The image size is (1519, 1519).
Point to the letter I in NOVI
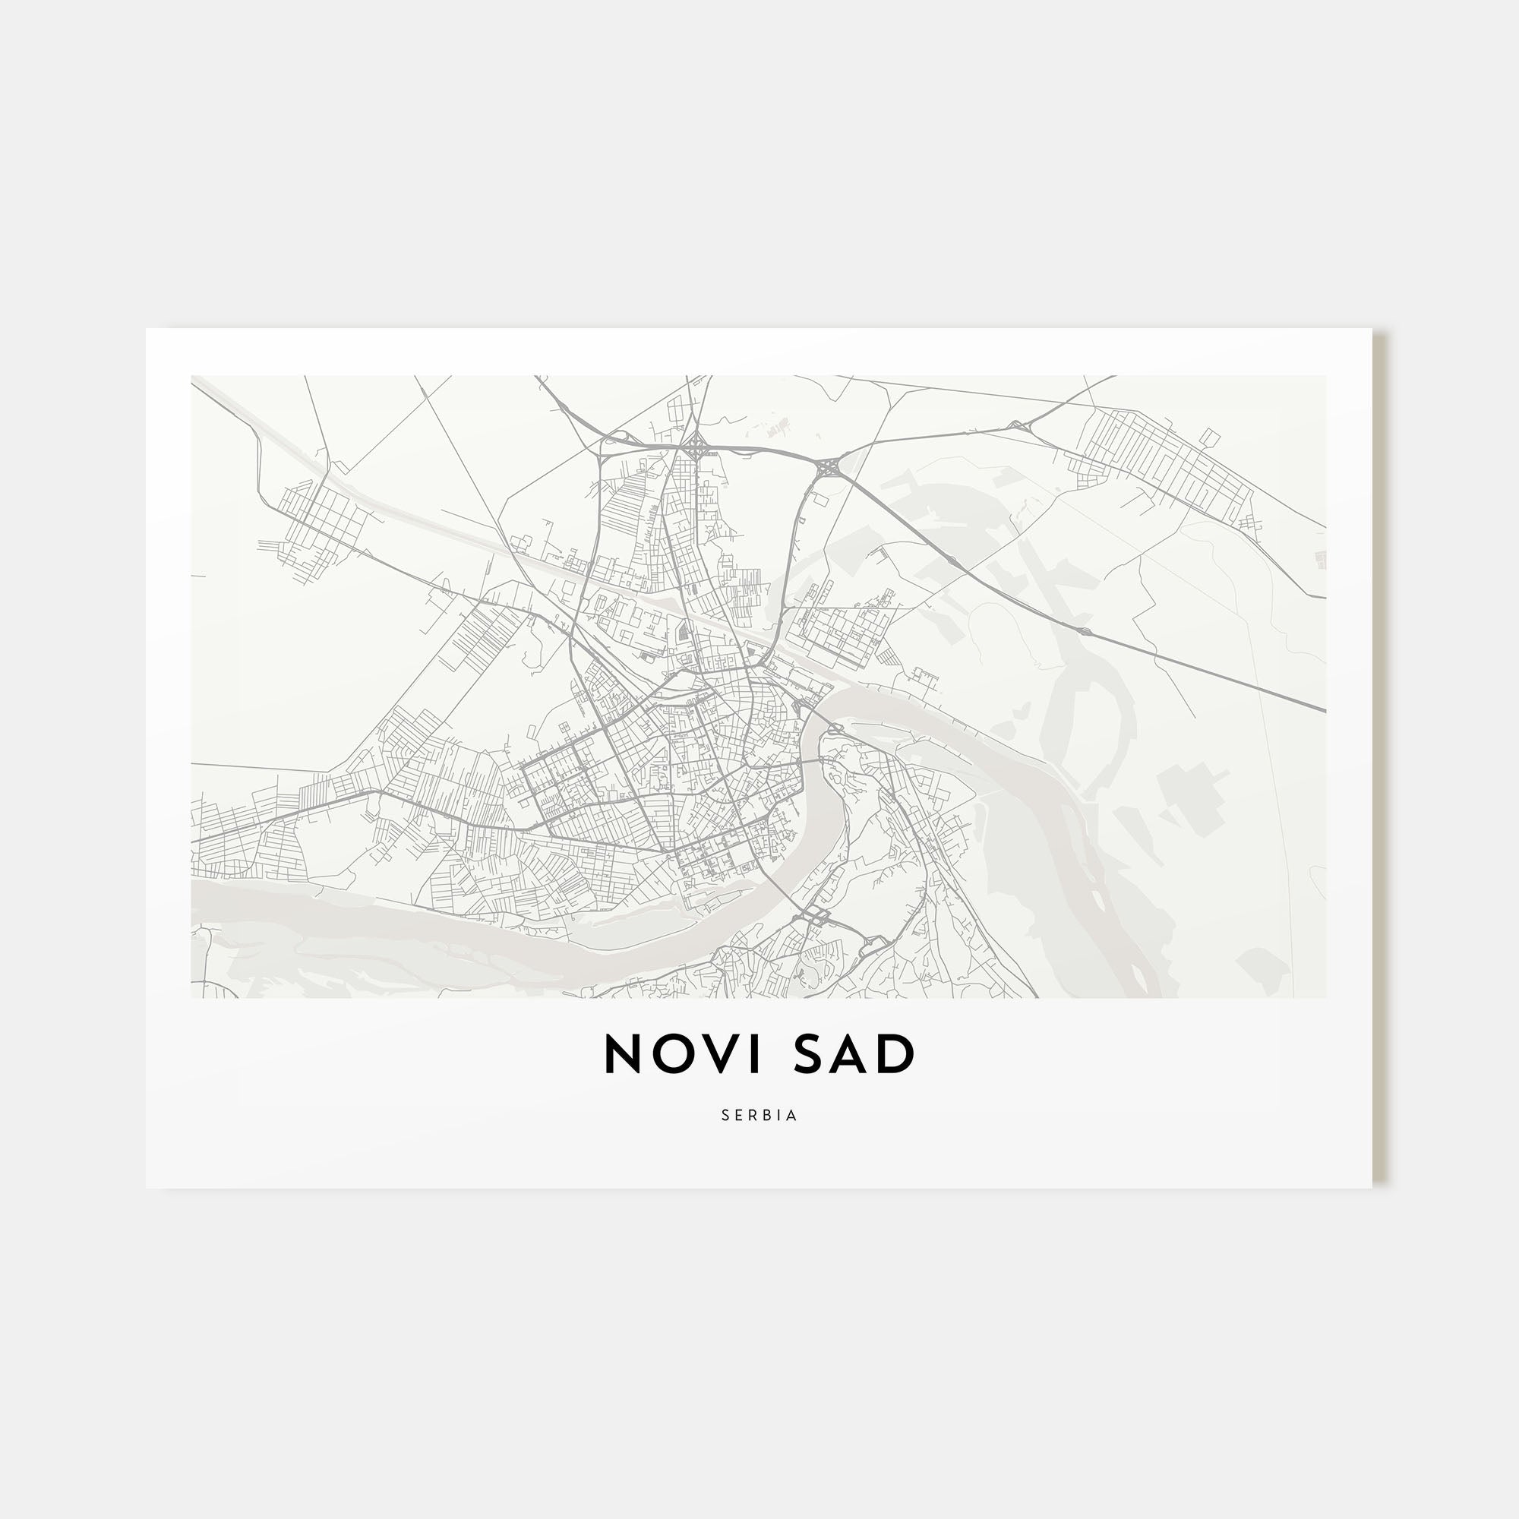[757, 1053]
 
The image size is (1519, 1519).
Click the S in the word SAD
[813, 1053]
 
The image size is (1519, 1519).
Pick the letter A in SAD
[857, 1053]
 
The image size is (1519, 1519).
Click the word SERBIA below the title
[759, 1116]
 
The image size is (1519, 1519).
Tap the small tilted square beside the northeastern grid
[1210, 437]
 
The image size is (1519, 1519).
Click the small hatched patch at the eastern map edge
[1319, 560]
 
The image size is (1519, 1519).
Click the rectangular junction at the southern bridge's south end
[817, 915]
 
